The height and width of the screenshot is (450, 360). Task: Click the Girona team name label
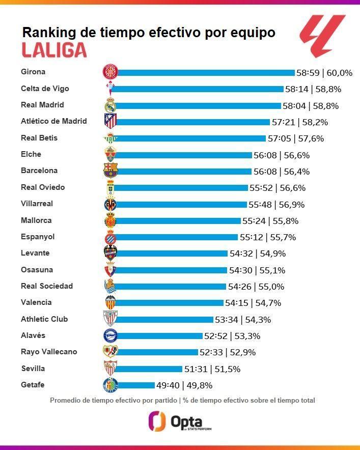tap(33, 72)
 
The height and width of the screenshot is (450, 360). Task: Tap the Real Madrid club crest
tap(110, 105)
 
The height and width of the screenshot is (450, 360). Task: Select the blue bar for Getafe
tap(135, 385)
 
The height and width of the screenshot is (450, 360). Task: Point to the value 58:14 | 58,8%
tap(313, 89)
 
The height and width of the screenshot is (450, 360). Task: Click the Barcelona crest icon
tap(110, 170)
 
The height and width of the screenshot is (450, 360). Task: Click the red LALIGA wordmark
tap(54, 50)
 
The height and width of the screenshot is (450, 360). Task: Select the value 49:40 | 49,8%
tap(184, 385)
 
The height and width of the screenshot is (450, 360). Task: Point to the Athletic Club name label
tap(44, 319)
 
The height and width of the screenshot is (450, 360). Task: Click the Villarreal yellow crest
tap(110, 205)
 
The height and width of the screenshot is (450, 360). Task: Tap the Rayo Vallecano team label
tap(49, 352)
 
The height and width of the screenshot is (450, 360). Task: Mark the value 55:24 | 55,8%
tap(270, 221)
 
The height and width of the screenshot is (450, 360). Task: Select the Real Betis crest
tap(110, 138)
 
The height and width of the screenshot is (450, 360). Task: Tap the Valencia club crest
tap(110, 302)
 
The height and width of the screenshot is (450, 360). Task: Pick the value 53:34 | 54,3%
tap(242, 320)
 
